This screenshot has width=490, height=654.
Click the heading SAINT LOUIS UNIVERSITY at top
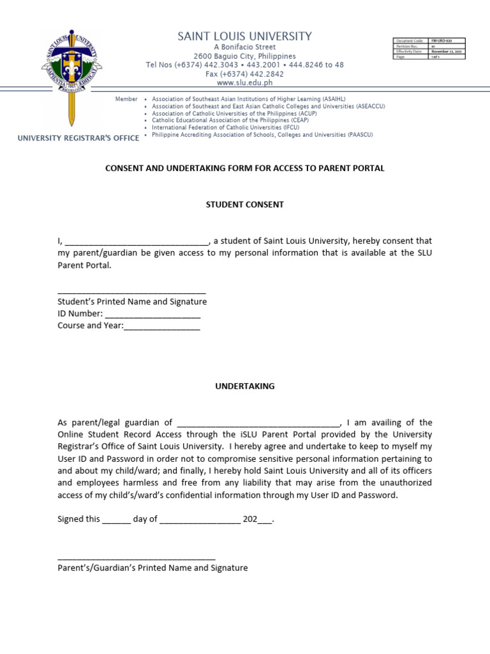pos(245,36)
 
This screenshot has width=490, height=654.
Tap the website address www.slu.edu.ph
pos(245,83)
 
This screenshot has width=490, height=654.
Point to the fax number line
pos(245,74)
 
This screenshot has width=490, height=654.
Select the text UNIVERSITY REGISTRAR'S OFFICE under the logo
pos(78,138)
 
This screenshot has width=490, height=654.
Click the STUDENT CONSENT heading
pos(244,205)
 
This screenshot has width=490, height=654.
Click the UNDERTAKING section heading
pos(244,386)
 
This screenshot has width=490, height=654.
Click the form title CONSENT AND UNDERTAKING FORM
pos(244,169)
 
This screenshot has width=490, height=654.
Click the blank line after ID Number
pos(152,315)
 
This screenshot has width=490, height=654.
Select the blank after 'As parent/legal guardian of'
pos(258,423)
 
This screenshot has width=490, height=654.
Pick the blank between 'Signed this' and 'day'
pos(116,520)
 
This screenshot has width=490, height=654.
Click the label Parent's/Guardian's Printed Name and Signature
pos(152,568)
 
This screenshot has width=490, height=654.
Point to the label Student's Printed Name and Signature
pos(132,301)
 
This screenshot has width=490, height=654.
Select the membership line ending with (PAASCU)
pos(262,135)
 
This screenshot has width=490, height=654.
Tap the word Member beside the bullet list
pos(126,100)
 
